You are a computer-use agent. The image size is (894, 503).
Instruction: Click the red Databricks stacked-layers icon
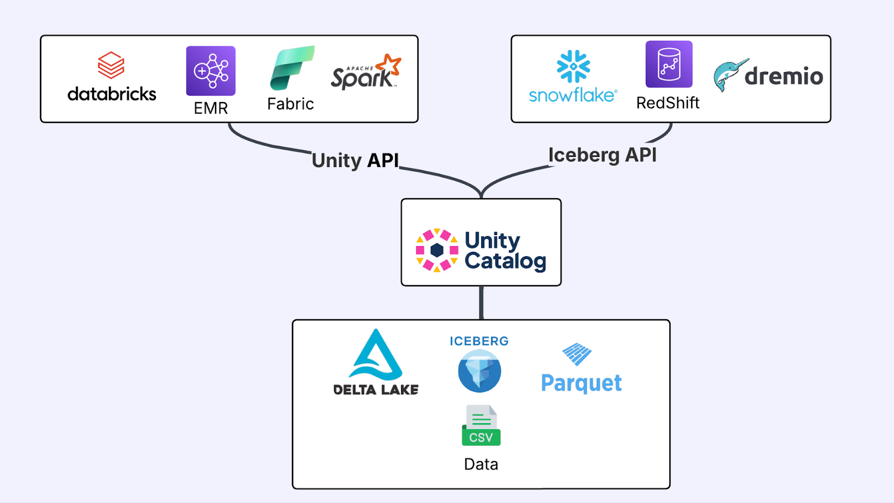111,65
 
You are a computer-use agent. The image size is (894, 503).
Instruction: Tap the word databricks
112,94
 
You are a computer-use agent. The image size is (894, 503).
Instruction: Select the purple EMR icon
211,71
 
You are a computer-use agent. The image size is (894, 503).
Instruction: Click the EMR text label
211,108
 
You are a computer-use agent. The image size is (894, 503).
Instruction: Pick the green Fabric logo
292,68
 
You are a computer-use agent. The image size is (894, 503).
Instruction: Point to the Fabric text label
291,104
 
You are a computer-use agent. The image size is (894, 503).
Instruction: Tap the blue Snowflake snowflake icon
573,66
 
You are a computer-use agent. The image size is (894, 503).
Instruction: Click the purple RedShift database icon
669,64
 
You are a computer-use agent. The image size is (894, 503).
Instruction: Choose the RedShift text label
668,103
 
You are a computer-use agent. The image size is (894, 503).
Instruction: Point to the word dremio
784,76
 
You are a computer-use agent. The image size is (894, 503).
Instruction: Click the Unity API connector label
355,160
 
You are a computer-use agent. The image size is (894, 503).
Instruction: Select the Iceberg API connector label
602,155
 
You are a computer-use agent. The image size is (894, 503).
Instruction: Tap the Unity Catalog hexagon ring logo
437,250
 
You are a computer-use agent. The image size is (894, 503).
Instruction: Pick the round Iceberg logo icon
479,371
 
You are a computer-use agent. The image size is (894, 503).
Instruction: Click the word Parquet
581,383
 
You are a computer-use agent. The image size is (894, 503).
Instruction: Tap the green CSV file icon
481,425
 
